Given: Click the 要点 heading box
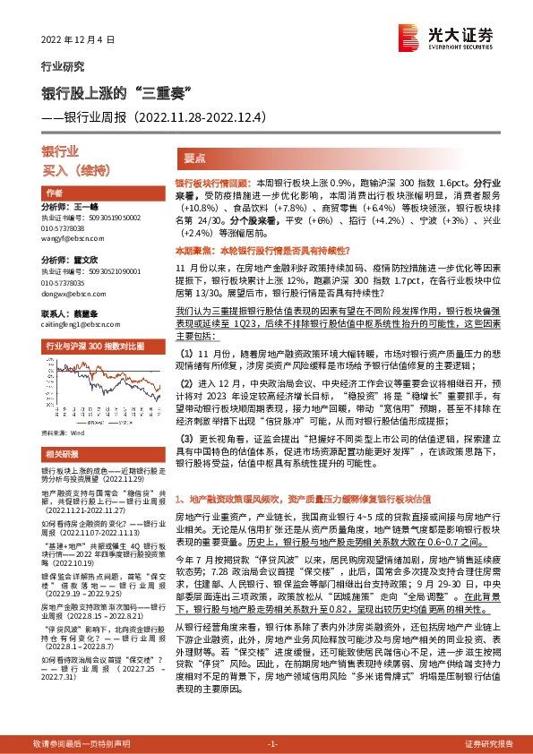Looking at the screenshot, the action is coord(195,157).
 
